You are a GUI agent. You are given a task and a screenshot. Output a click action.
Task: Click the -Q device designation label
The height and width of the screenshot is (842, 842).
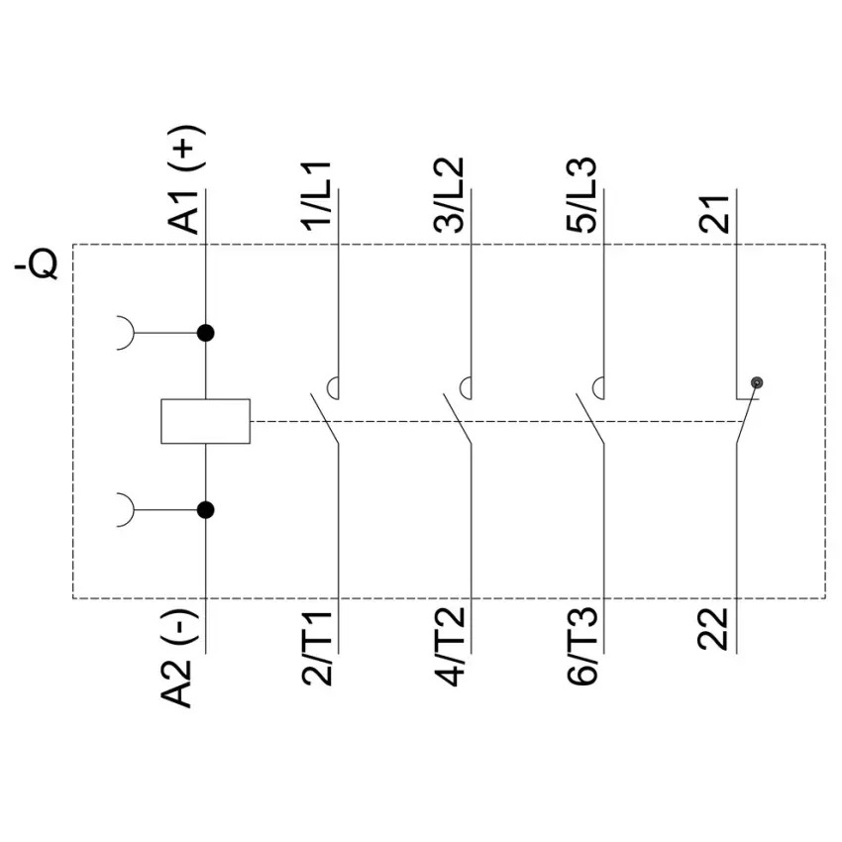pyautogui.click(x=37, y=263)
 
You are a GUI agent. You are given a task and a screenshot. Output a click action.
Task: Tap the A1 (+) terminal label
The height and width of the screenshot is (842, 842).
pyautogui.click(x=186, y=179)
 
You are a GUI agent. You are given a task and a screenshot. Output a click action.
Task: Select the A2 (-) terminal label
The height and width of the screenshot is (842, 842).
pyautogui.click(x=178, y=658)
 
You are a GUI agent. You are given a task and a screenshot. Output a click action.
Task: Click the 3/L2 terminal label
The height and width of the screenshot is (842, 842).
pyautogui.click(x=450, y=195)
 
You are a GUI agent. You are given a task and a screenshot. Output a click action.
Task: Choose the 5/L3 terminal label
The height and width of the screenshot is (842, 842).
pyautogui.click(x=581, y=195)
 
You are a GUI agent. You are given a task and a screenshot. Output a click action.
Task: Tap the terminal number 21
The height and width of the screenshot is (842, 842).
pyautogui.click(x=714, y=214)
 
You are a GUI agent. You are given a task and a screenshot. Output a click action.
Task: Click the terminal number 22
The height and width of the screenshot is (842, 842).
pyautogui.click(x=713, y=629)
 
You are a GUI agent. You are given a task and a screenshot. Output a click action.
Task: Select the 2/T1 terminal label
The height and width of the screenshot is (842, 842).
pyautogui.click(x=317, y=647)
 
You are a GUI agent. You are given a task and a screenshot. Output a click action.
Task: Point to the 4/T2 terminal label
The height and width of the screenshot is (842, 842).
pyautogui.click(x=450, y=647)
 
